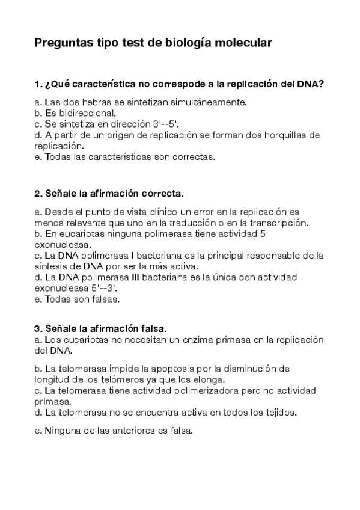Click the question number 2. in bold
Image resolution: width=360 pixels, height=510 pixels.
click(x=38, y=194)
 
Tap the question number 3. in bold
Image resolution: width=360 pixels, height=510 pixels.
click(x=38, y=328)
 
